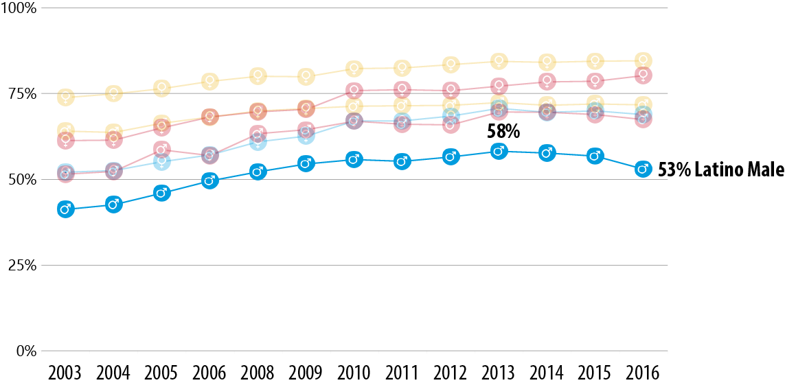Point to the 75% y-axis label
click(x=21, y=94)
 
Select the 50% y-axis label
click(x=21, y=180)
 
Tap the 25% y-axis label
click(x=21, y=266)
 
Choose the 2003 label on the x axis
click(x=65, y=373)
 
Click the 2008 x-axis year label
click(x=258, y=373)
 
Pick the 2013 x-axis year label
click(x=499, y=373)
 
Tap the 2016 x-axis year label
click(x=643, y=373)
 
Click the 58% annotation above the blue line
click(x=503, y=131)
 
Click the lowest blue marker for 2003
click(x=65, y=209)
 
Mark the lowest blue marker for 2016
click(x=643, y=169)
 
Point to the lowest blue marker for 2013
click(x=499, y=151)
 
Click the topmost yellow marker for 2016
click(x=643, y=60)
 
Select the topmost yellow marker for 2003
click(x=65, y=96)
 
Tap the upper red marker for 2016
click(x=643, y=75)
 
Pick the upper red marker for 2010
click(x=354, y=89)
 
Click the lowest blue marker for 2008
click(x=258, y=172)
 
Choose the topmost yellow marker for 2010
click(x=354, y=68)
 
